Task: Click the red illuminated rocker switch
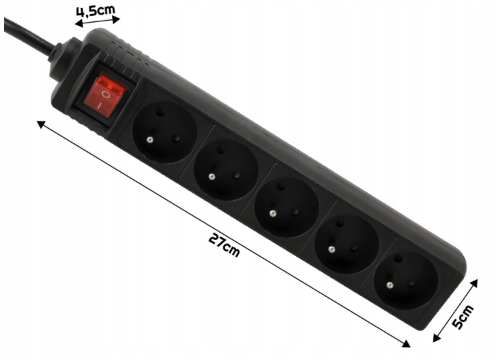(x=105, y=95)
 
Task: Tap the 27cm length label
(x=224, y=245)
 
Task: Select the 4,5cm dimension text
(x=95, y=11)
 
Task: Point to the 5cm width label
(x=463, y=317)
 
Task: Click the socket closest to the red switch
(x=165, y=132)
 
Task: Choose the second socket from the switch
(x=226, y=169)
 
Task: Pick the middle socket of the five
(x=287, y=207)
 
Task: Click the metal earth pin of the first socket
(x=149, y=139)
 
